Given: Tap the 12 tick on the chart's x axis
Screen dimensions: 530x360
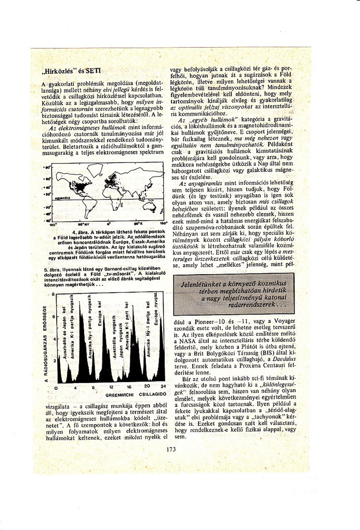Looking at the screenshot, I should click(x=111, y=387).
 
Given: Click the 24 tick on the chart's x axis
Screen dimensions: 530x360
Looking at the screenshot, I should click(x=163, y=387).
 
